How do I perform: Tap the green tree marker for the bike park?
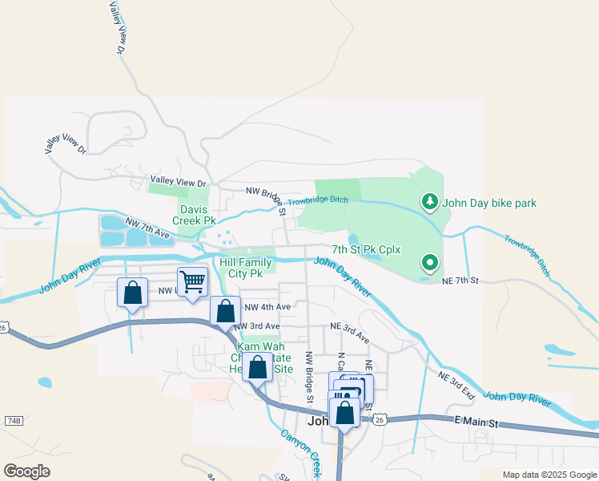(x=430, y=202)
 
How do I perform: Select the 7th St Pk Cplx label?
(x=366, y=249)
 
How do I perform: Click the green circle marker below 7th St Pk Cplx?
(x=430, y=262)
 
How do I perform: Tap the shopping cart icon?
(x=192, y=282)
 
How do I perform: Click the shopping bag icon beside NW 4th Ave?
(x=226, y=311)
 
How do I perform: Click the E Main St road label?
(x=477, y=422)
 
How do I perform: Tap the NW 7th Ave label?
(x=147, y=228)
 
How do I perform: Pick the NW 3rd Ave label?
(x=256, y=326)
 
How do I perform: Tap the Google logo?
(x=26, y=471)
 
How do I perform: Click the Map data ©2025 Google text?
(x=549, y=475)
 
